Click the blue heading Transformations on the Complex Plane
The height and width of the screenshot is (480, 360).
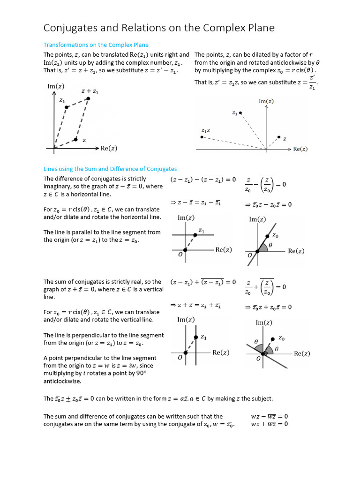tap(96, 45)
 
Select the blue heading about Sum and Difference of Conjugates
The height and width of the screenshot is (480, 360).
tap(110, 169)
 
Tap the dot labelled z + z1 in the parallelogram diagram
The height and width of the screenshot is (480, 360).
tap(88, 98)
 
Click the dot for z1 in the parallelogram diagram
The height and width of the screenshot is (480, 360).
tap(67, 107)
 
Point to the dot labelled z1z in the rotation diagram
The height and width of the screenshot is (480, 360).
tap(202, 137)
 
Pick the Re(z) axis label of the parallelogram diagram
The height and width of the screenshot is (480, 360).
tap(109, 149)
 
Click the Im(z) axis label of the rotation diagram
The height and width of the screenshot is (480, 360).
tap(266, 101)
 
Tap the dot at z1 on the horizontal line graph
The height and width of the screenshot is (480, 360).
tap(195, 234)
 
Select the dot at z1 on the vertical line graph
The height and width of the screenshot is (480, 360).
tap(195, 338)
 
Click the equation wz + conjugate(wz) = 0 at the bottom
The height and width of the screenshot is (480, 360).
tap(269, 424)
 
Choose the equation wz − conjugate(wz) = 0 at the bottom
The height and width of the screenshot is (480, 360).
tap(269, 416)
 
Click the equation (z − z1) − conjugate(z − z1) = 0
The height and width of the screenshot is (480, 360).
tap(203, 180)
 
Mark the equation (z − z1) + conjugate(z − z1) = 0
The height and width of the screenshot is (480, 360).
tap(203, 282)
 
